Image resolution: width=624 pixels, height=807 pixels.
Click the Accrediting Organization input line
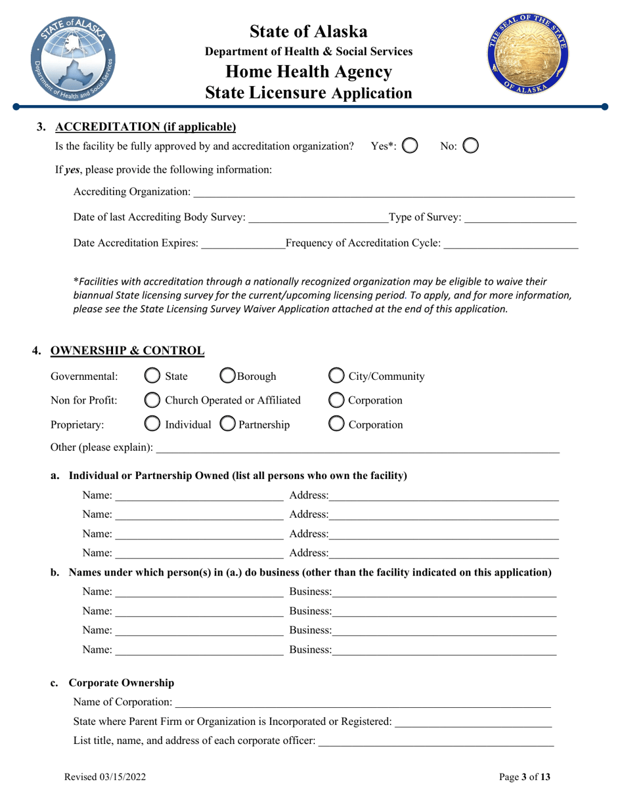(384, 192)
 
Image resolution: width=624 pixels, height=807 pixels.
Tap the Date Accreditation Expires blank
(242, 243)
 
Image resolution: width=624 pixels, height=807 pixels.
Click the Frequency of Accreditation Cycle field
(511, 243)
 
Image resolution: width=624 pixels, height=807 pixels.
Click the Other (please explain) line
(357, 448)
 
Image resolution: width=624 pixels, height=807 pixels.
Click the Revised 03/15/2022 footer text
(105, 777)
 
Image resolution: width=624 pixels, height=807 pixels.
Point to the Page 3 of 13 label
(525, 777)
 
